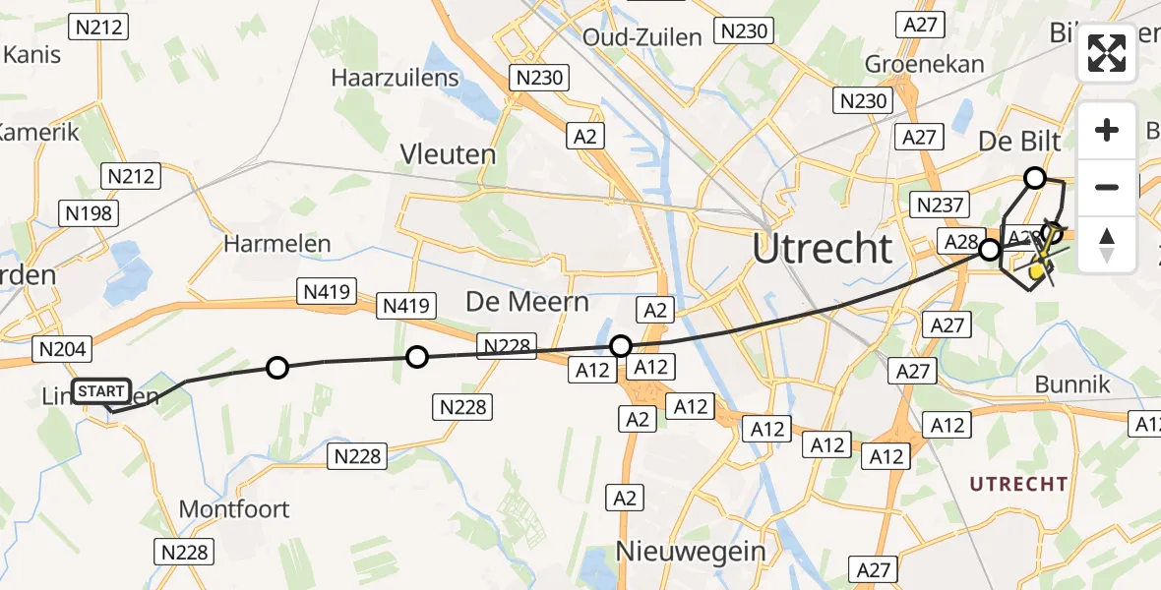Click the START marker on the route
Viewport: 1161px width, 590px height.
pyautogui.click(x=101, y=391)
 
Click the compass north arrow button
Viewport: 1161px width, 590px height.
pyautogui.click(x=1107, y=245)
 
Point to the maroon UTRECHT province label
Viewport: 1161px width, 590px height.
pyautogui.click(x=1018, y=484)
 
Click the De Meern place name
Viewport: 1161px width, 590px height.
pyautogui.click(x=527, y=301)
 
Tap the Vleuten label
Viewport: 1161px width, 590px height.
pyautogui.click(x=448, y=154)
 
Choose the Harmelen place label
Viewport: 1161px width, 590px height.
pyautogui.click(x=277, y=243)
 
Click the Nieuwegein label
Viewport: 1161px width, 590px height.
pyautogui.click(x=691, y=551)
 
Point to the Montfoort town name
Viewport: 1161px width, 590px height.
pyautogui.click(x=234, y=508)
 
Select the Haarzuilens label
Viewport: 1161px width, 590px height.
pyautogui.click(x=395, y=78)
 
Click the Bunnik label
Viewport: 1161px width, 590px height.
pyautogui.click(x=1072, y=384)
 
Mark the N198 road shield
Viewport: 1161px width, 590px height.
pyautogui.click(x=89, y=212)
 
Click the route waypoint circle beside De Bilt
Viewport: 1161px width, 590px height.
pyautogui.click(x=1035, y=178)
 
